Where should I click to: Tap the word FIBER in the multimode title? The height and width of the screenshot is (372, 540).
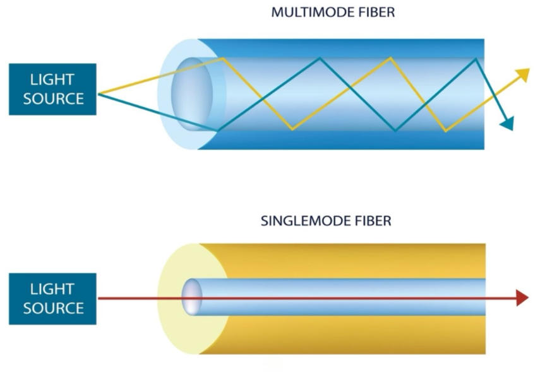tap(376, 12)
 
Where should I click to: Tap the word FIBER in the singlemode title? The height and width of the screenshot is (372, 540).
tap(372, 221)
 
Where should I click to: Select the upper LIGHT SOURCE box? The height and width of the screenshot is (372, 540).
tap(52, 89)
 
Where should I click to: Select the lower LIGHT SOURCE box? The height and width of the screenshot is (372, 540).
tap(52, 298)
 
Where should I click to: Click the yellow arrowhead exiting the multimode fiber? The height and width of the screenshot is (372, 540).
tap(522, 74)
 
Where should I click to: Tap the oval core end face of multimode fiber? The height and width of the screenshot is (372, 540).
tap(192, 94)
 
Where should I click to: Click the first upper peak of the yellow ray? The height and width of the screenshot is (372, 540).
tap(224, 58)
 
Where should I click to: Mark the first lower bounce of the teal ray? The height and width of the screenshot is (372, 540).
tap(219, 131)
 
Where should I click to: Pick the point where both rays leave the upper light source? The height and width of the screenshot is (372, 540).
tap(99, 94)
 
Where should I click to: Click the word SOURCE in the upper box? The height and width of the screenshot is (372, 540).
tap(53, 98)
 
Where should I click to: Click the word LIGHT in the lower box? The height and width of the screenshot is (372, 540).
tap(52, 289)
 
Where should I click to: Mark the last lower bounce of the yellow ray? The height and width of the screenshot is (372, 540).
tap(446, 131)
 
